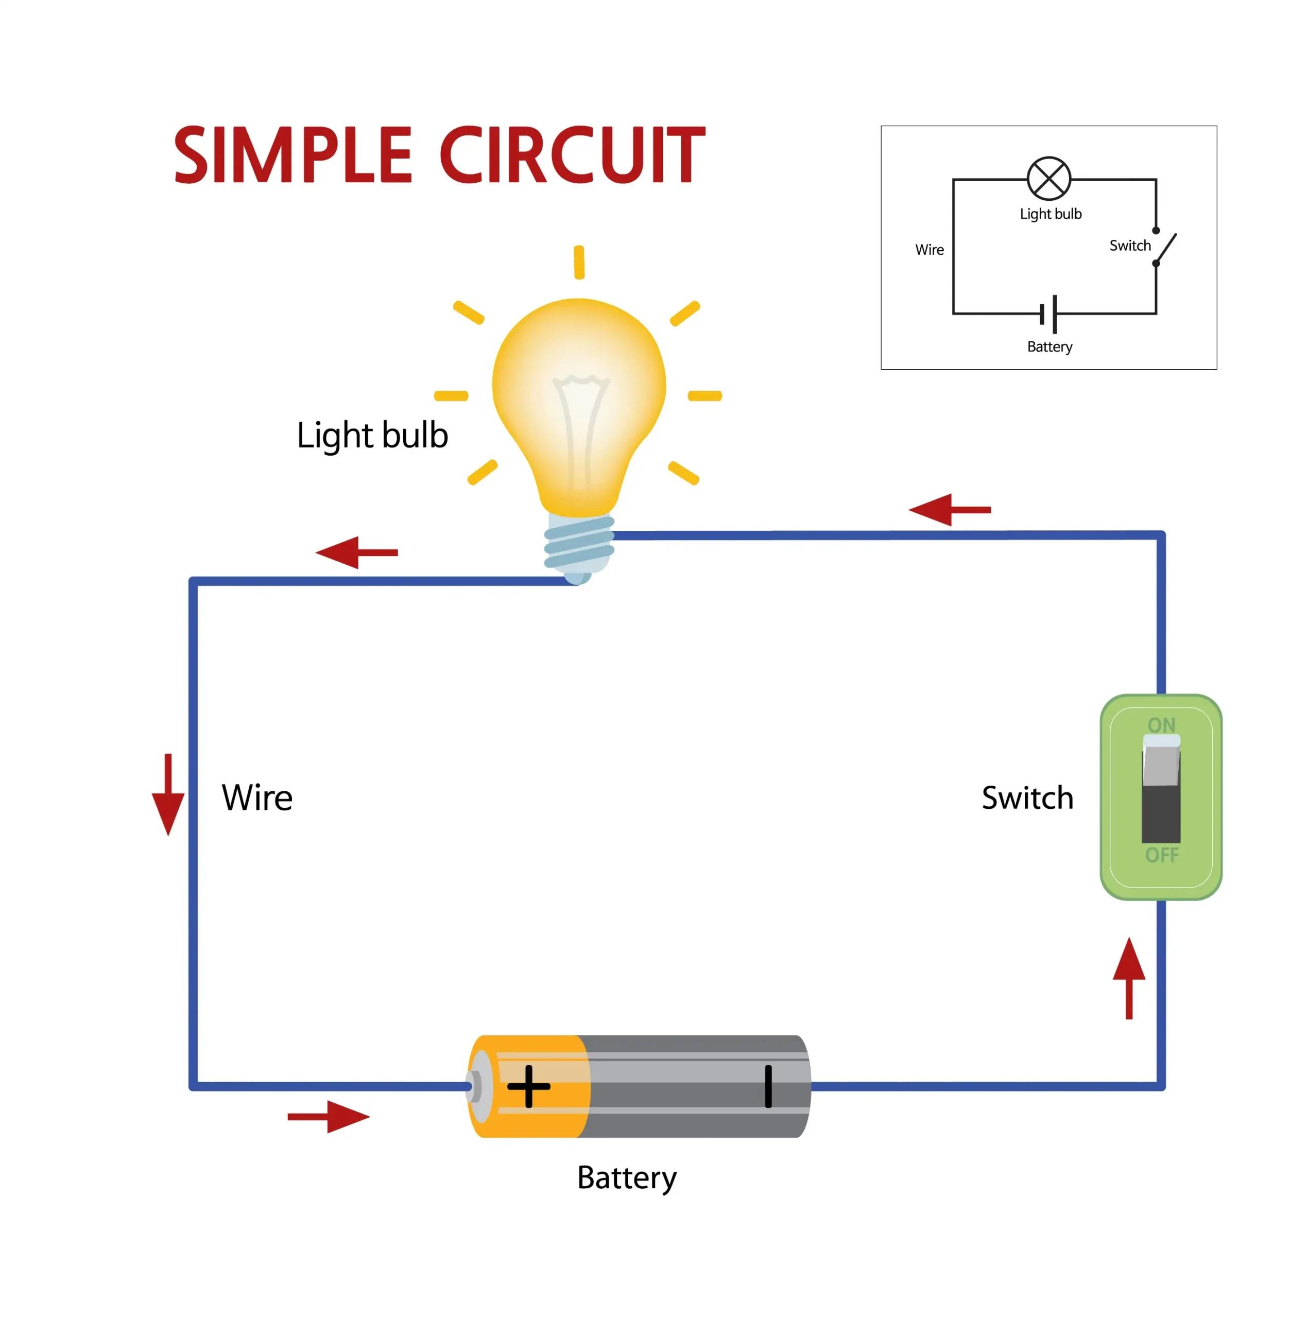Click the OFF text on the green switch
[1161, 855]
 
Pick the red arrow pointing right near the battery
[329, 1117]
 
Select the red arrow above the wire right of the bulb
[949, 510]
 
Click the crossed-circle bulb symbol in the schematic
[1049, 179]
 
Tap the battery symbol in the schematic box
[1049, 314]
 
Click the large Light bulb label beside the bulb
[372, 435]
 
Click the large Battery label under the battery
[626, 1178]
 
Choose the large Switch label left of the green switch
[1027, 797]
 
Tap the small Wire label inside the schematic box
[930, 250]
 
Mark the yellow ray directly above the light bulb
[579, 262]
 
